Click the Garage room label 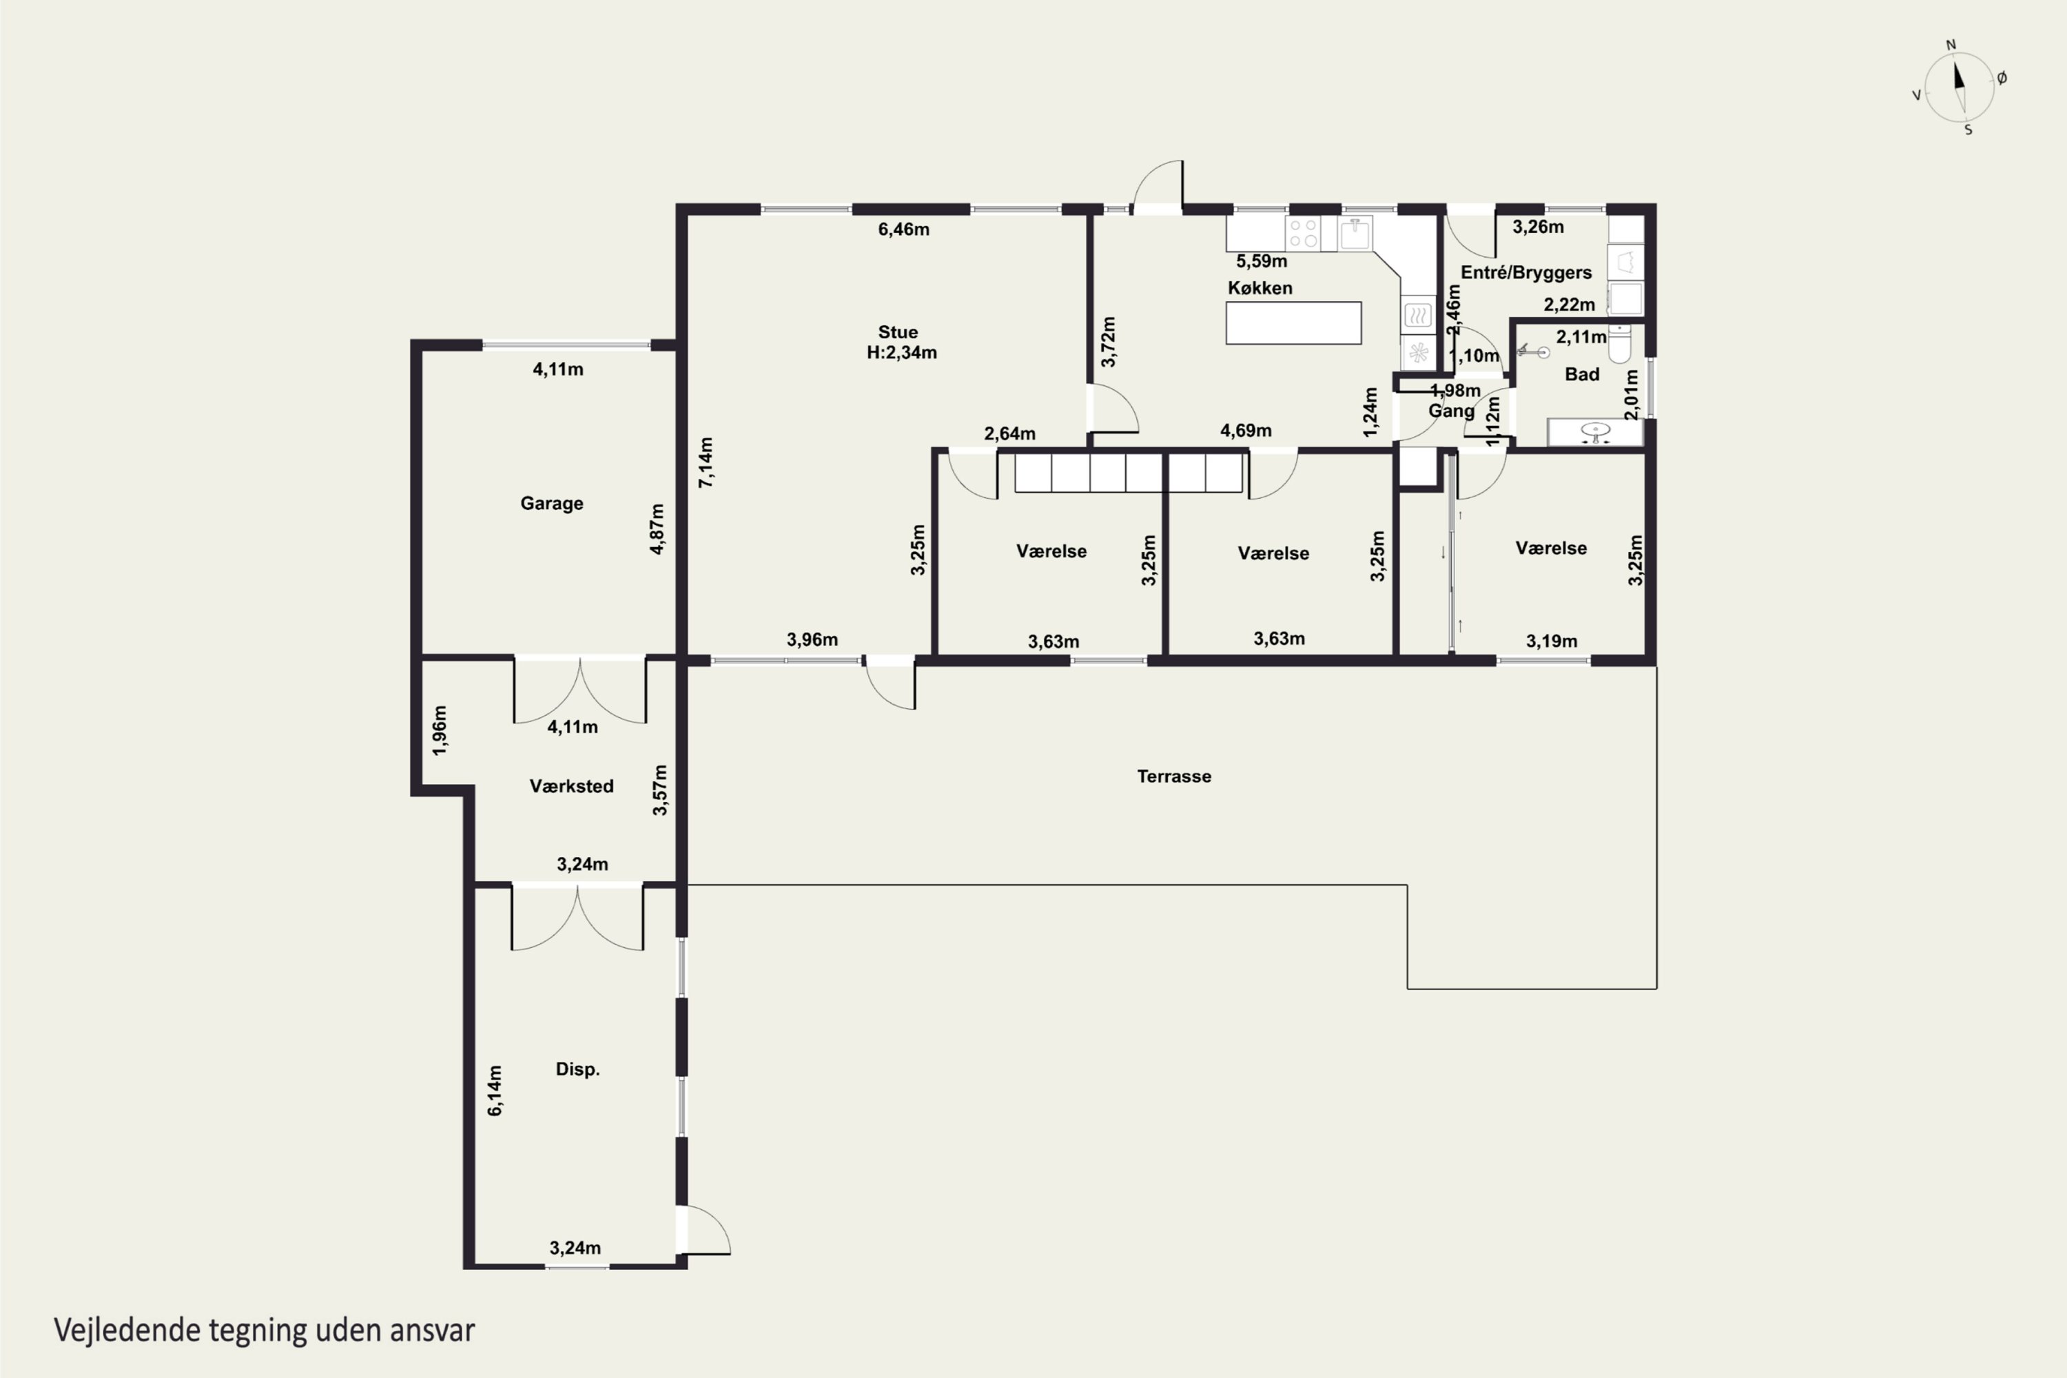click(x=552, y=504)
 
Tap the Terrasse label click(x=1174, y=776)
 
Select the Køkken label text click(x=1260, y=287)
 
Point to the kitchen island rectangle click(x=1294, y=322)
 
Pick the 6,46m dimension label click(x=903, y=229)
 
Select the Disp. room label click(x=577, y=1069)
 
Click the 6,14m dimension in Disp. click(x=495, y=1091)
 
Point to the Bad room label click(x=1582, y=374)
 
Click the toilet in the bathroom click(x=1620, y=344)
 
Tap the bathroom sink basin click(x=1595, y=431)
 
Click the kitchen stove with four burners click(x=1302, y=233)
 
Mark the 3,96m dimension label click(x=812, y=640)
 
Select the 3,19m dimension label click(x=1551, y=641)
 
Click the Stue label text click(x=898, y=332)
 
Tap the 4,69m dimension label click(x=1245, y=431)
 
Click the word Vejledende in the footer click(x=127, y=1330)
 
